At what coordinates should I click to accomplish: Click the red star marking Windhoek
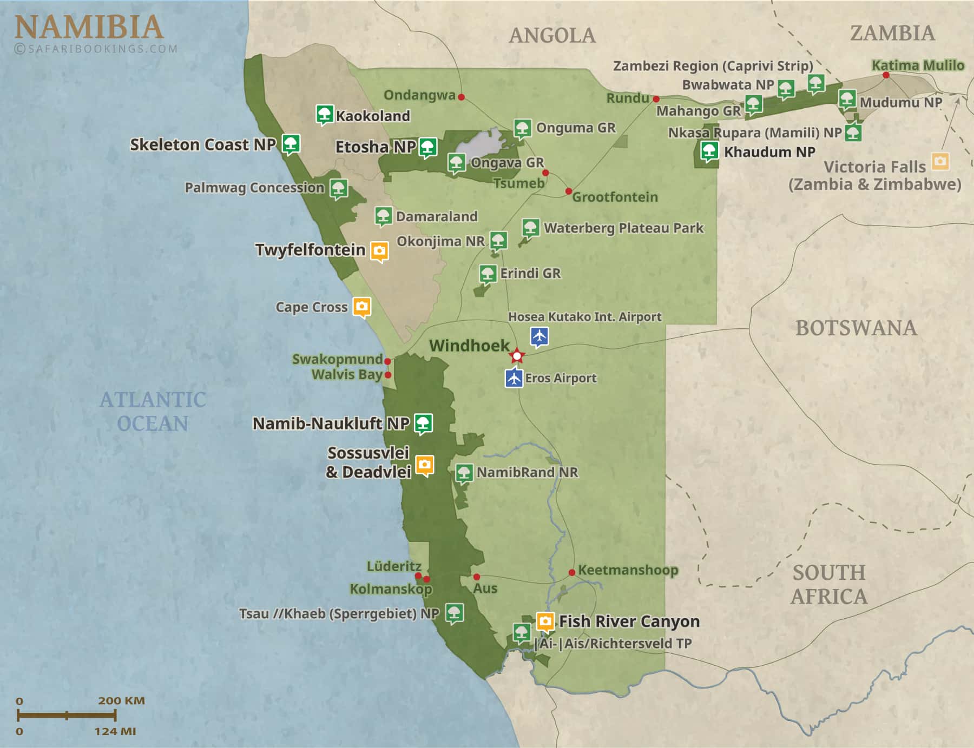click(x=517, y=356)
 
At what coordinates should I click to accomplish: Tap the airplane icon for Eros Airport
click(x=514, y=377)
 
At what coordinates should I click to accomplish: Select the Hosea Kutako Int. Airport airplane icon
click(x=539, y=335)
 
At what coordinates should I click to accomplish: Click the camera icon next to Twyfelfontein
click(x=379, y=251)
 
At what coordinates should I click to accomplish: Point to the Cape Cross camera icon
click(x=362, y=306)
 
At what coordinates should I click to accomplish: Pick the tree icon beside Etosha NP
click(x=428, y=147)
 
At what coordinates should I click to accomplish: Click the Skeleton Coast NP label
click(x=203, y=145)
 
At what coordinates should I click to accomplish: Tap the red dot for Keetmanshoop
click(x=572, y=572)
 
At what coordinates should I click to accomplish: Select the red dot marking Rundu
click(x=656, y=99)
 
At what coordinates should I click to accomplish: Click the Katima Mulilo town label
click(x=918, y=65)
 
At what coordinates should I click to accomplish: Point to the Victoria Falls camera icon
click(x=940, y=161)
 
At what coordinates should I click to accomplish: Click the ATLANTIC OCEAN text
click(x=153, y=412)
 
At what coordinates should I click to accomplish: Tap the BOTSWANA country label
click(x=856, y=328)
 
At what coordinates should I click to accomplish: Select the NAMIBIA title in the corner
click(x=89, y=27)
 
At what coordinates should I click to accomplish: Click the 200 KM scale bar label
click(x=121, y=701)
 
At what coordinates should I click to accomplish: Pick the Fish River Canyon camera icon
click(x=545, y=621)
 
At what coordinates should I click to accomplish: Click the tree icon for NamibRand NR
click(x=464, y=472)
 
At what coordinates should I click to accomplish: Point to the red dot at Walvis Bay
click(x=388, y=374)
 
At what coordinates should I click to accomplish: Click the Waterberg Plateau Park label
click(x=623, y=228)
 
